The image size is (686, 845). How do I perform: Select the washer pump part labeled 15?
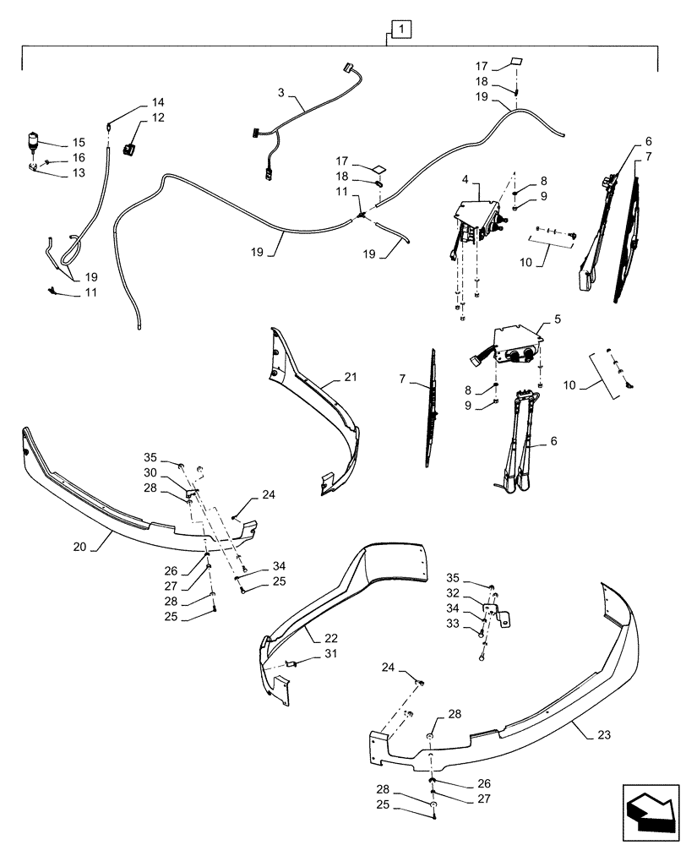point(34,141)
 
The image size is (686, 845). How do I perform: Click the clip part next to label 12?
point(130,150)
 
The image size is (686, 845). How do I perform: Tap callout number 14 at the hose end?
point(158,102)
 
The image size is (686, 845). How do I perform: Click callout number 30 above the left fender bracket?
point(150,472)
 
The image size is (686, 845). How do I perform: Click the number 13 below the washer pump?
point(78,173)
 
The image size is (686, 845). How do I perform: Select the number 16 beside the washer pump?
point(78,157)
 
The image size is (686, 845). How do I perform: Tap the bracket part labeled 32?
point(495,612)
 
